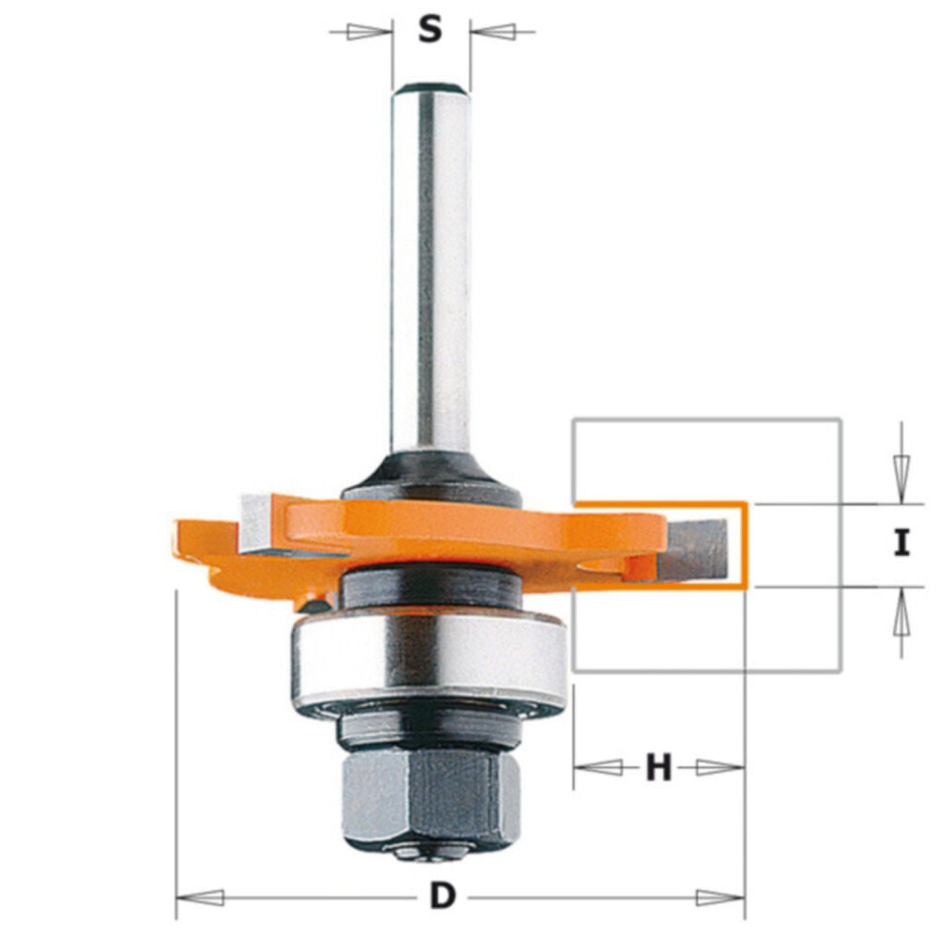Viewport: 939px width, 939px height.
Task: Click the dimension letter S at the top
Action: pos(430,30)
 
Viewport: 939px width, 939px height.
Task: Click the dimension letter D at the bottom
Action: pos(441,897)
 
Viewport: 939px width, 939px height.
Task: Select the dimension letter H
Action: pos(659,769)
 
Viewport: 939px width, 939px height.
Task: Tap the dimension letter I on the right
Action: pos(901,544)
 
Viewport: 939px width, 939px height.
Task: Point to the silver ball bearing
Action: pos(431,657)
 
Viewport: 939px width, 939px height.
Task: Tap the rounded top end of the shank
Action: pos(431,89)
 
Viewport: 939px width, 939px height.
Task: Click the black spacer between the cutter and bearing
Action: pos(431,586)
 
